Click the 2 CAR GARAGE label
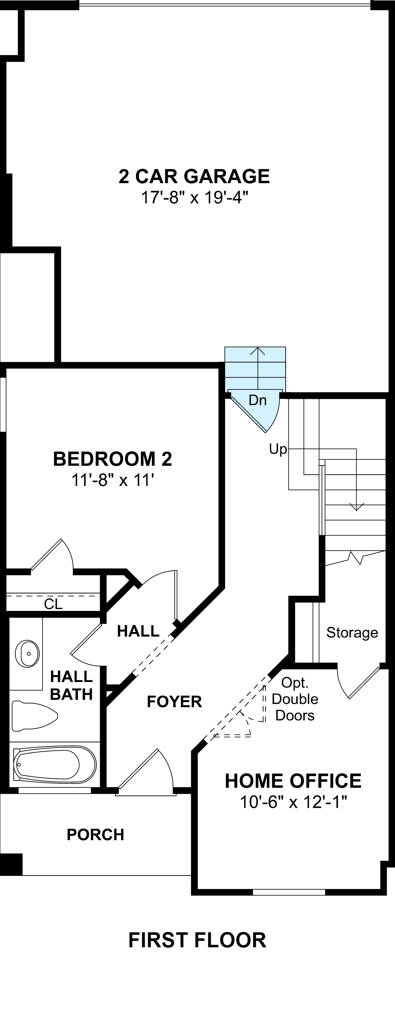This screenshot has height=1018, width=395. pyautogui.click(x=194, y=176)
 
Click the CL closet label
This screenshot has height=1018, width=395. pyautogui.click(x=53, y=604)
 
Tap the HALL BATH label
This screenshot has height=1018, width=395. pyautogui.click(x=71, y=685)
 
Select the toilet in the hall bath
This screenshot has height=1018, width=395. pyautogui.click(x=34, y=716)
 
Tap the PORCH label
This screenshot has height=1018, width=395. pyautogui.click(x=95, y=834)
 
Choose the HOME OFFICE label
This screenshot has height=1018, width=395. pyautogui.click(x=293, y=781)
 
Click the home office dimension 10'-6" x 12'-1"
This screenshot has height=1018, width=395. pyautogui.click(x=293, y=803)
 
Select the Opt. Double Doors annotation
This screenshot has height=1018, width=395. pyautogui.click(x=295, y=699)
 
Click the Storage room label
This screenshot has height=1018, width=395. pyautogui.click(x=352, y=632)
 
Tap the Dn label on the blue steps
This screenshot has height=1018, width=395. pyautogui.click(x=257, y=400)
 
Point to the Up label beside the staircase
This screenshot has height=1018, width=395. pyautogui.click(x=277, y=449)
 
